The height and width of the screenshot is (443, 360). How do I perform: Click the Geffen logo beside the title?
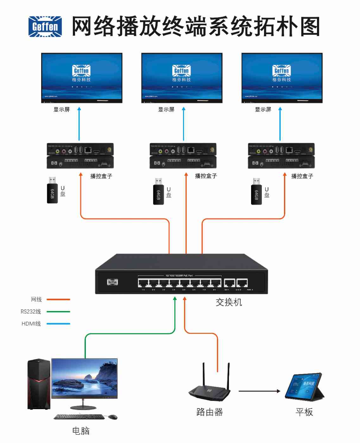pos(45,27)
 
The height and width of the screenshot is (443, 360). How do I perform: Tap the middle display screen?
pos(182,78)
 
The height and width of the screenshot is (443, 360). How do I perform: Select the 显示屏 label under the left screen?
pos(61,109)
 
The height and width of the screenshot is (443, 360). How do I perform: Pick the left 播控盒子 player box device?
pos(80,155)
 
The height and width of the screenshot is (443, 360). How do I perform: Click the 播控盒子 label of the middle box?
pos(206,176)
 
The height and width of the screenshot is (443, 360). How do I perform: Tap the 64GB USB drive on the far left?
pos(52,190)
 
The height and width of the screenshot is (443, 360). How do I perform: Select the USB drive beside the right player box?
pos(256,192)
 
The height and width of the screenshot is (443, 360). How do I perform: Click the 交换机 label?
pos(229,302)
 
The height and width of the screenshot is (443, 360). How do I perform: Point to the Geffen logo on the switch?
pos(112,282)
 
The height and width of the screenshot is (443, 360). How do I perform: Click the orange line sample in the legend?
pos(58,299)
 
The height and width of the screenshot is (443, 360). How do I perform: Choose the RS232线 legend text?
pos(31,312)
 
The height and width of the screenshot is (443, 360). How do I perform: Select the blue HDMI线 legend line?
pos(58,324)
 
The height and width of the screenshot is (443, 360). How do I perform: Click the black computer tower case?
pos(39,384)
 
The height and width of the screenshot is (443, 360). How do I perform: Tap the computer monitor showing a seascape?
pos(84,379)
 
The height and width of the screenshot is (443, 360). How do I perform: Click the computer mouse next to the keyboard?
pos(112,417)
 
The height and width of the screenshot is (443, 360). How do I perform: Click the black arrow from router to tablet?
pos(259,391)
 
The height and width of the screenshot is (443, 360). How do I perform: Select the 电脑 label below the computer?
pos(81,431)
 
